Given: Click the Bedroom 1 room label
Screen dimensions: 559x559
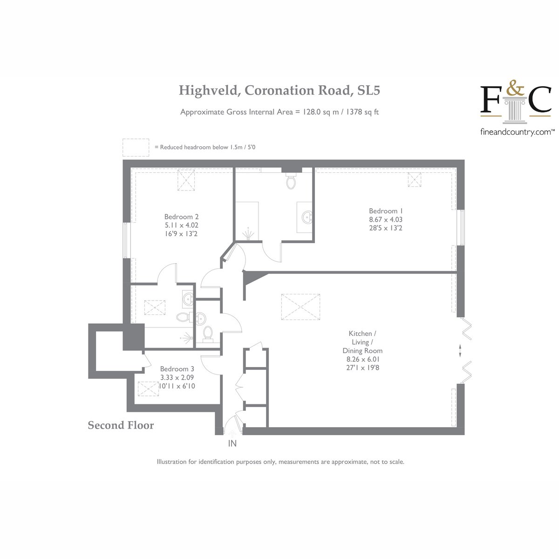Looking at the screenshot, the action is [x=386, y=211].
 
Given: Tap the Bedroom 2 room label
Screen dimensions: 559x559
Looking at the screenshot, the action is [x=181, y=217].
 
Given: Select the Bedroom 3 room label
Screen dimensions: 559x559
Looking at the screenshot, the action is [x=177, y=368].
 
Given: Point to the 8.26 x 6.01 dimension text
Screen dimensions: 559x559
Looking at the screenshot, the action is [x=362, y=359].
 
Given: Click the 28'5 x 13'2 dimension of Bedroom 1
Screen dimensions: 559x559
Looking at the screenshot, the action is [x=386, y=228].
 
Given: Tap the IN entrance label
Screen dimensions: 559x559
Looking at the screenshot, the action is [x=232, y=443].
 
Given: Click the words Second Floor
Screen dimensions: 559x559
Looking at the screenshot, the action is [x=121, y=425].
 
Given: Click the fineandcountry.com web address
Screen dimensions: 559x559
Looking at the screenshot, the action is [x=516, y=132].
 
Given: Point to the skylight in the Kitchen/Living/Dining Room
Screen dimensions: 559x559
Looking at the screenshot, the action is [x=300, y=307].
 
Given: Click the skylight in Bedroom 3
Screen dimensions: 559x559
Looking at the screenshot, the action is [x=148, y=389].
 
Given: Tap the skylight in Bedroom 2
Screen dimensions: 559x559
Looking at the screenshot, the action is [x=186, y=180].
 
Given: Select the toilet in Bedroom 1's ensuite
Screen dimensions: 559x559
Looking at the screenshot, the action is [x=291, y=180].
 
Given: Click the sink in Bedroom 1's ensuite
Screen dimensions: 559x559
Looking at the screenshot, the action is [x=307, y=217].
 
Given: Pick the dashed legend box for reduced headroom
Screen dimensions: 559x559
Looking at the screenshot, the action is [x=136, y=147].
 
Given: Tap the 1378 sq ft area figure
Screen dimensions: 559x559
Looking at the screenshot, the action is [x=362, y=112].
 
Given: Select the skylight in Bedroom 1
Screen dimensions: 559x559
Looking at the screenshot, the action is [x=414, y=179].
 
